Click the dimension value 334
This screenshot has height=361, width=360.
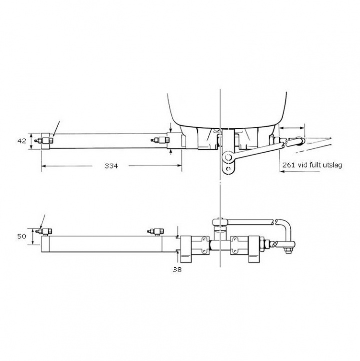click(x=111, y=166)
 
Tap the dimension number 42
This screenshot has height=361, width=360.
click(x=22, y=141)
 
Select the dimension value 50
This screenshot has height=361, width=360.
click(x=22, y=235)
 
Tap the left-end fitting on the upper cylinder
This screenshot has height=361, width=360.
click(x=45, y=140)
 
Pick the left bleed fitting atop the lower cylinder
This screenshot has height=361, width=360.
click(x=47, y=231)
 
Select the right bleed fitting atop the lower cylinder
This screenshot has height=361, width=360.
click(x=155, y=231)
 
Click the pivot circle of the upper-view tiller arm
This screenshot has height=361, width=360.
click(x=227, y=158)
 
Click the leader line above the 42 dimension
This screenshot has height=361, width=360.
click(x=56, y=128)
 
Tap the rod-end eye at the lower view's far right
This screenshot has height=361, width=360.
click(x=289, y=246)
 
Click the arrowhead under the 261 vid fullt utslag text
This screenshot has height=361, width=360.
click(x=282, y=171)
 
